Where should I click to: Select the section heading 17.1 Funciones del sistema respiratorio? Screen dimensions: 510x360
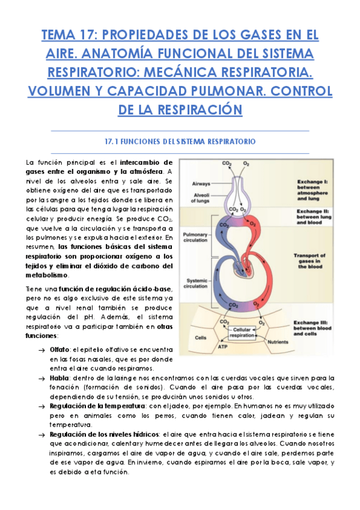[x=180, y=141]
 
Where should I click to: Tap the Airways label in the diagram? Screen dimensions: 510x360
[x=201, y=183]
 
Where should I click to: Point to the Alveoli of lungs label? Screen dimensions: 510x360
[x=201, y=198]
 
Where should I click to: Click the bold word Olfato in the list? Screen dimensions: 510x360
[x=59, y=349]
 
